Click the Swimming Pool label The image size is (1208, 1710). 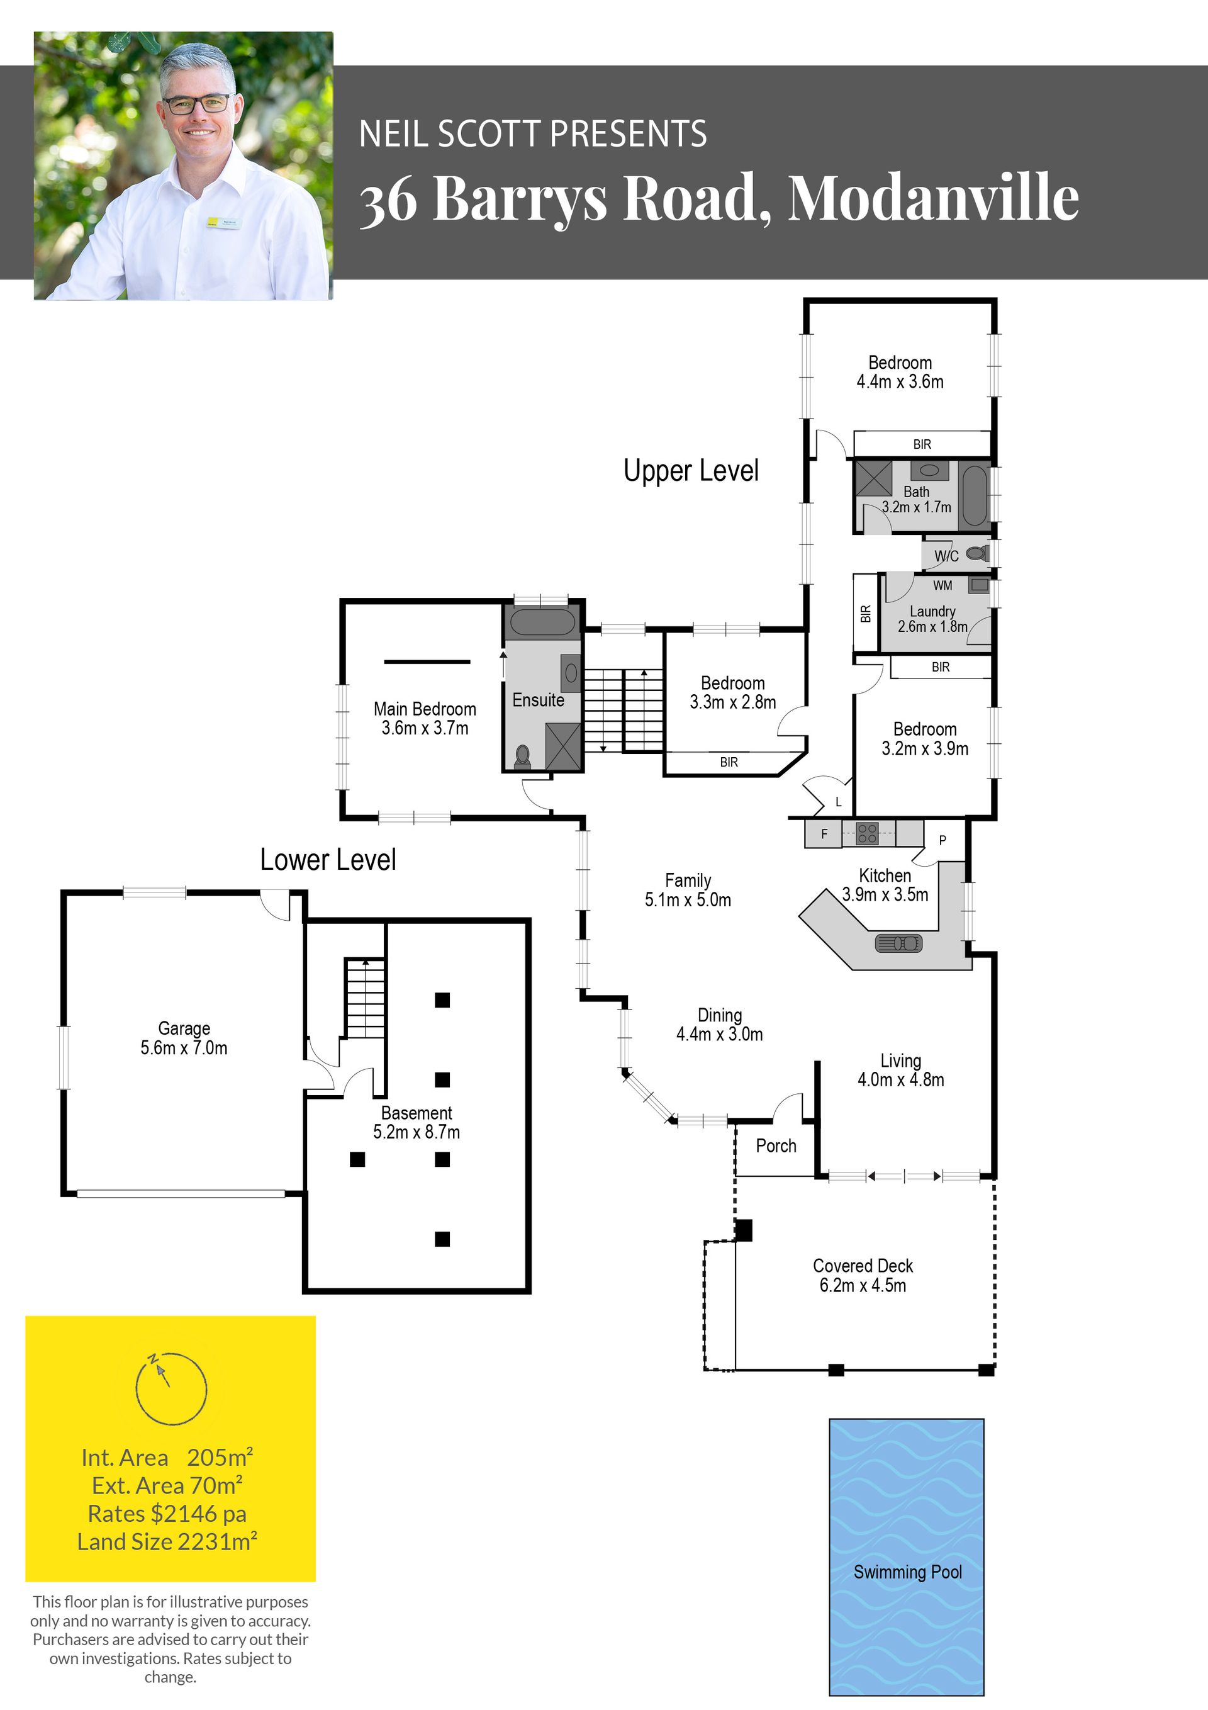tap(907, 1572)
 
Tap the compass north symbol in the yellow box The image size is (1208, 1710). tap(171, 1388)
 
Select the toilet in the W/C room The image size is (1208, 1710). tap(978, 553)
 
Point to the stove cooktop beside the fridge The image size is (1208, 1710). tap(867, 833)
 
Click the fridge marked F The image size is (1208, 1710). tap(824, 833)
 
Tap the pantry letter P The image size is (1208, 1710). tap(942, 840)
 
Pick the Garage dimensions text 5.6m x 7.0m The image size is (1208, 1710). tap(184, 1048)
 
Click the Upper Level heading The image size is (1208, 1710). tap(691, 471)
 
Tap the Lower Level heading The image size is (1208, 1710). tap(328, 860)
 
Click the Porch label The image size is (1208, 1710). tap(776, 1146)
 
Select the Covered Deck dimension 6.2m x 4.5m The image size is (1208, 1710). tap(863, 1285)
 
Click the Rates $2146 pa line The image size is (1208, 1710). tap(167, 1514)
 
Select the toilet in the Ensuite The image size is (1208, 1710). tap(522, 756)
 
